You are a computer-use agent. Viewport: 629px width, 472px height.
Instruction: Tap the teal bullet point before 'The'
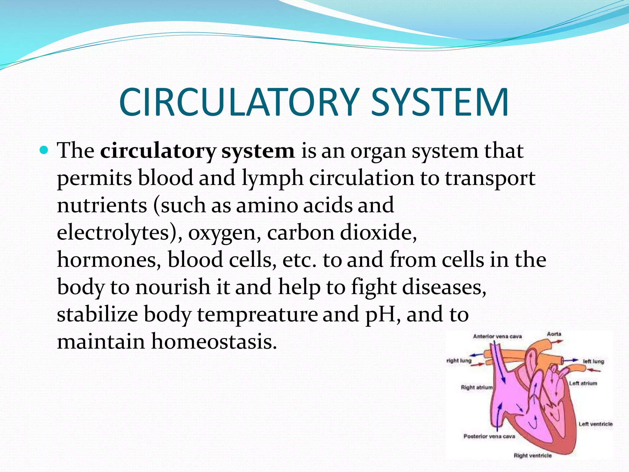(44, 151)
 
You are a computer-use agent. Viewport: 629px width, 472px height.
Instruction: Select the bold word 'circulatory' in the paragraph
(158, 151)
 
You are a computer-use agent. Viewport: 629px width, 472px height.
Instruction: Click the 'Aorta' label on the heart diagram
(554, 334)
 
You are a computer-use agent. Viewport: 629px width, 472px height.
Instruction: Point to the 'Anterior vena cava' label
(497, 336)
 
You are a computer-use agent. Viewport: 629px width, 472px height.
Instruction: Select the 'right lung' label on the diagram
(459, 360)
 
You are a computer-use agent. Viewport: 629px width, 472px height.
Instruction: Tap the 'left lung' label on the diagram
(593, 361)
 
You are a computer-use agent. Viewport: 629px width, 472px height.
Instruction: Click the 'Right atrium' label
(476, 387)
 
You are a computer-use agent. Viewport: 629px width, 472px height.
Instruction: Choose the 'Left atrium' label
(583, 383)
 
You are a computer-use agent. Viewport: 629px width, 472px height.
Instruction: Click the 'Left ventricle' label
(596, 424)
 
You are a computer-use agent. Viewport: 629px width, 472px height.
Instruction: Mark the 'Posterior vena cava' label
(489, 436)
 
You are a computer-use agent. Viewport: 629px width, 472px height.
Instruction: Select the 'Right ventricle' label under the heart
(533, 455)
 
